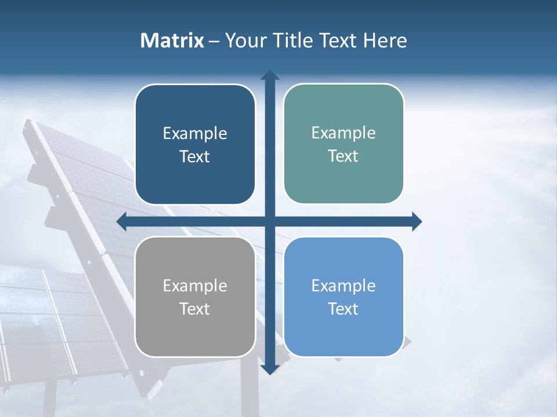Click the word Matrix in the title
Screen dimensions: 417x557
click(172, 41)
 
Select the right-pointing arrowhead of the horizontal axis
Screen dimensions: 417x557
click(417, 221)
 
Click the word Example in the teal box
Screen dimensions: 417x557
click(343, 133)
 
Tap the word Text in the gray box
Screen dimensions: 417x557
click(195, 309)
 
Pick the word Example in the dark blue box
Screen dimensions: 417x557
click(195, 133)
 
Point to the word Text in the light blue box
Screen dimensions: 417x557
click(343, 309)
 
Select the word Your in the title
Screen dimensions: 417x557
click(244, 41)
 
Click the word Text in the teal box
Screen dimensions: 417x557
click(343, 156)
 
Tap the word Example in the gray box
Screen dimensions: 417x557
click(195, 286)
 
